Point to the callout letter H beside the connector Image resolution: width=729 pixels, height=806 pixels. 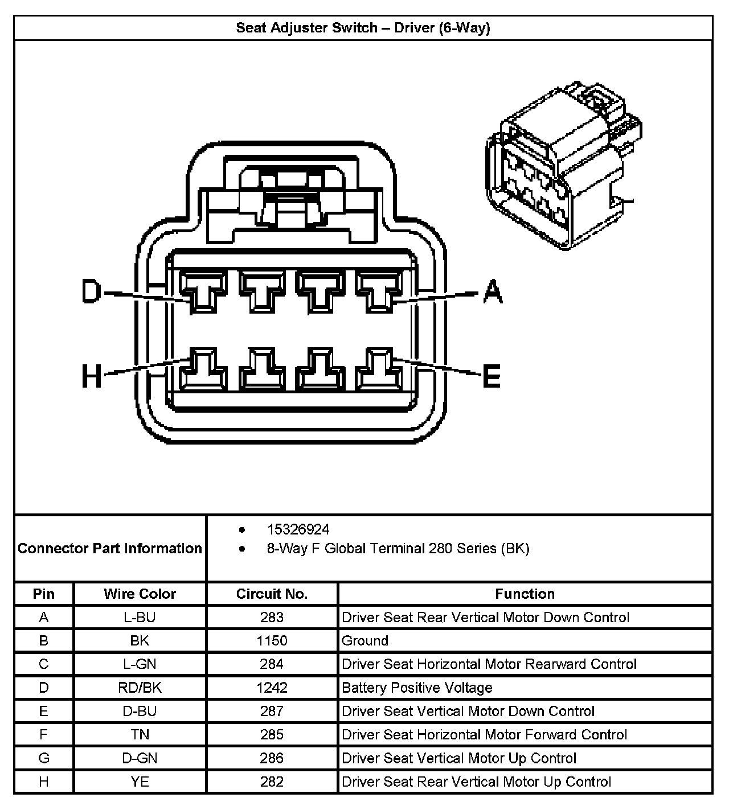[91, 376]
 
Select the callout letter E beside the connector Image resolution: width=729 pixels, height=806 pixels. [491, 376]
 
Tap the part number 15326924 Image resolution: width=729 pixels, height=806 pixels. [298, 529]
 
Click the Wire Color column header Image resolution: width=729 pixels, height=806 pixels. [140, 594]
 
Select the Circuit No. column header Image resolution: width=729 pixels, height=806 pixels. [272, 594]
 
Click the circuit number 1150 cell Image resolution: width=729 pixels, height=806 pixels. [272, 640]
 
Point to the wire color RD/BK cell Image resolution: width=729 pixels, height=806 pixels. [140, 688]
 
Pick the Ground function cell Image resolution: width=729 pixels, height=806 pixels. [364, 640]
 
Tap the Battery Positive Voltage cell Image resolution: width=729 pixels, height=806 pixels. [417, 688]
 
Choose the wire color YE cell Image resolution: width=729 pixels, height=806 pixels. [140, 782]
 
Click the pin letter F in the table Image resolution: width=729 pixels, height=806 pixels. [44, 734]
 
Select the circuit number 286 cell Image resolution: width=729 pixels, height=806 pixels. [272, 758]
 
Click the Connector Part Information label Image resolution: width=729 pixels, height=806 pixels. [110, 548]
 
